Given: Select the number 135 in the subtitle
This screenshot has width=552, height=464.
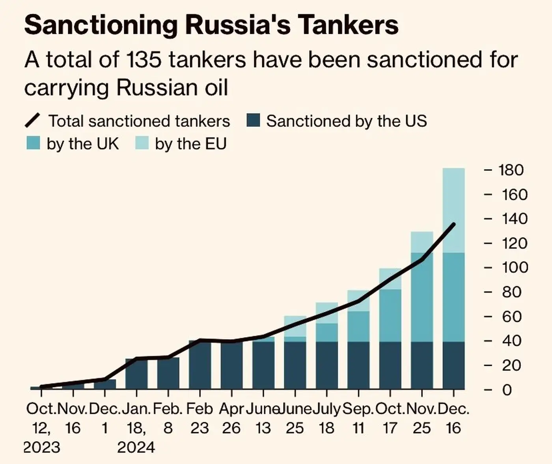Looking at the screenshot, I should pyautogui.click(x=142, y=60).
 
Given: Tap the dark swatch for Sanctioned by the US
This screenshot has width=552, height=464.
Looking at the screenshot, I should pyautogui.click(x=253, y=121).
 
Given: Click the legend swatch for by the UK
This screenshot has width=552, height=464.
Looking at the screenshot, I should pyautogui.click(x=33, y=143).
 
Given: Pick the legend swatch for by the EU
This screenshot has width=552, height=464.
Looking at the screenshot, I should pyautogui.click(x=142, y=143).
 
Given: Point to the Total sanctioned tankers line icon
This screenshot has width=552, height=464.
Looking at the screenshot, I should pyautogui.click(x=33, y=121).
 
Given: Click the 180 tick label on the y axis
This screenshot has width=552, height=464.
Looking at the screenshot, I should pyautogui.click(x=511, y=170).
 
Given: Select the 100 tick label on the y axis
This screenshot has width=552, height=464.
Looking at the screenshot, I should pyautogui.click(x=514, y=268).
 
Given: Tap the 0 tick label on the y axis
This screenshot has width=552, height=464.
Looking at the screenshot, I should pyautogui.click(x=507, y=390).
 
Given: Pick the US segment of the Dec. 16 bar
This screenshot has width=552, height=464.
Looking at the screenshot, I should pyautogui.click(x=453, y=365).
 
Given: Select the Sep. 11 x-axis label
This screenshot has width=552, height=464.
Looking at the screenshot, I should pyautogui.click(x=358, y=418).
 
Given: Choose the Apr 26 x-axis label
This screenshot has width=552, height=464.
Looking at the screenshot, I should pyautogui.click(x=231, y=418).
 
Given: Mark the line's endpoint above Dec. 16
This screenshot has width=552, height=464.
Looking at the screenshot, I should pyautogui.click(x=454, y=224).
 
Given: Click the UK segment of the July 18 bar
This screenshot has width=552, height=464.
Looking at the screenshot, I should pyautogui.click(x=327, y=332).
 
